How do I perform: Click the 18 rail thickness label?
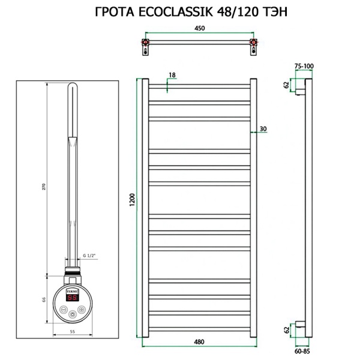(172, 75)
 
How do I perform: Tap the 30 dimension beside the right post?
(264, 128)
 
